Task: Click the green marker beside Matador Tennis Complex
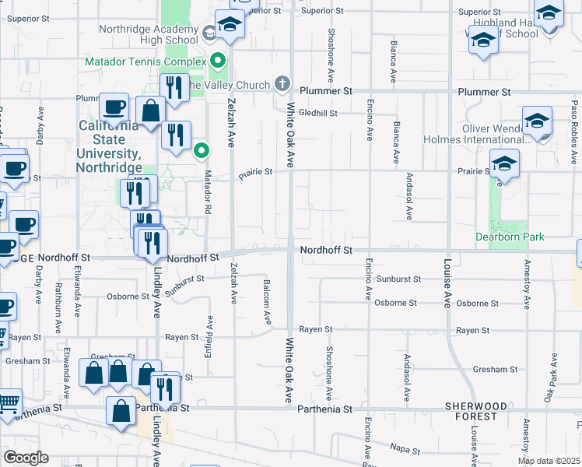click(x=219, y=60)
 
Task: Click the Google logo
click(x=26, y=458)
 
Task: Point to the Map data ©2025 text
click(x=548, y=461)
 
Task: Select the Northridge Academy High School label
click(x=149, y=34)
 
